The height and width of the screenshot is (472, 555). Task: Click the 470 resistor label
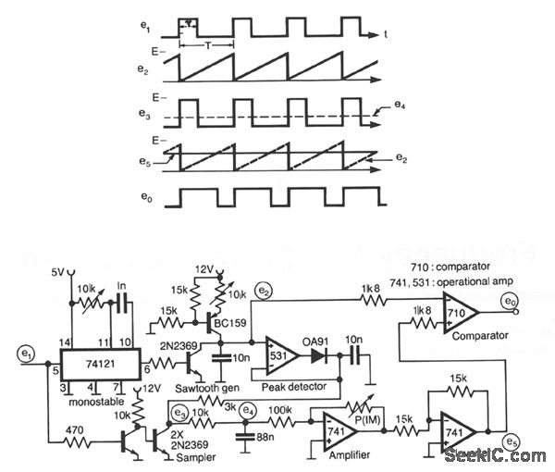72,428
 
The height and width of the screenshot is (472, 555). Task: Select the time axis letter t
385,35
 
